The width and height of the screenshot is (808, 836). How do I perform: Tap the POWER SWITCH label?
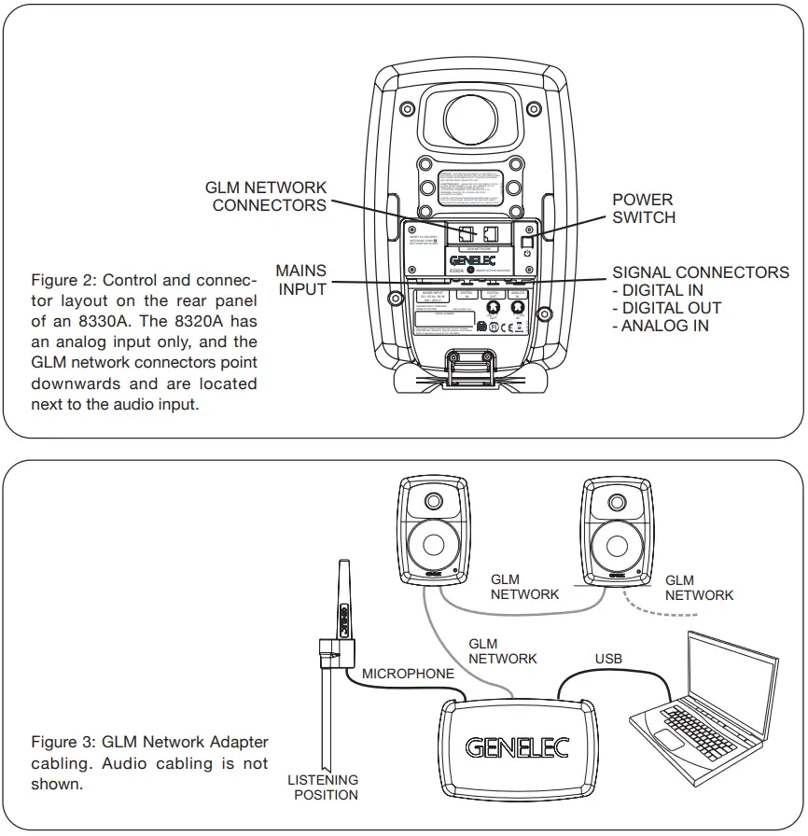pyautogui.click(x=642, y=208)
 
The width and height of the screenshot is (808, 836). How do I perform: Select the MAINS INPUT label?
pyautogui.click(x=301, y=280)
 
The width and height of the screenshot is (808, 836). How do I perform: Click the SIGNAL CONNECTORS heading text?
pyautogui.click(x=700, y=272)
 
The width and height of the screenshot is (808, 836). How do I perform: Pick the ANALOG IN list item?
pyautogui.click(x=660, y=326)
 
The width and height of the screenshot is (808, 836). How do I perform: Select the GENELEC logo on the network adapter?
pyautogui.click(x=517, y=747)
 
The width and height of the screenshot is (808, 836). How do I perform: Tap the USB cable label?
pyautogui.click(x=608, y=659)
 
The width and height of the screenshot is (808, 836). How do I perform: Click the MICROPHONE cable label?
pyautogui.click(x=408, y=673)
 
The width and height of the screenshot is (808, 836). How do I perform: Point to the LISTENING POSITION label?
pyautogui.click(x=323, y=787)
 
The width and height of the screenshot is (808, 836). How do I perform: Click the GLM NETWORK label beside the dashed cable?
pyautogui.click(x=699, y=588)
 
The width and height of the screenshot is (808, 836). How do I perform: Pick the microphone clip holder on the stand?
pyautogui.click(x=336, y=650)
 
